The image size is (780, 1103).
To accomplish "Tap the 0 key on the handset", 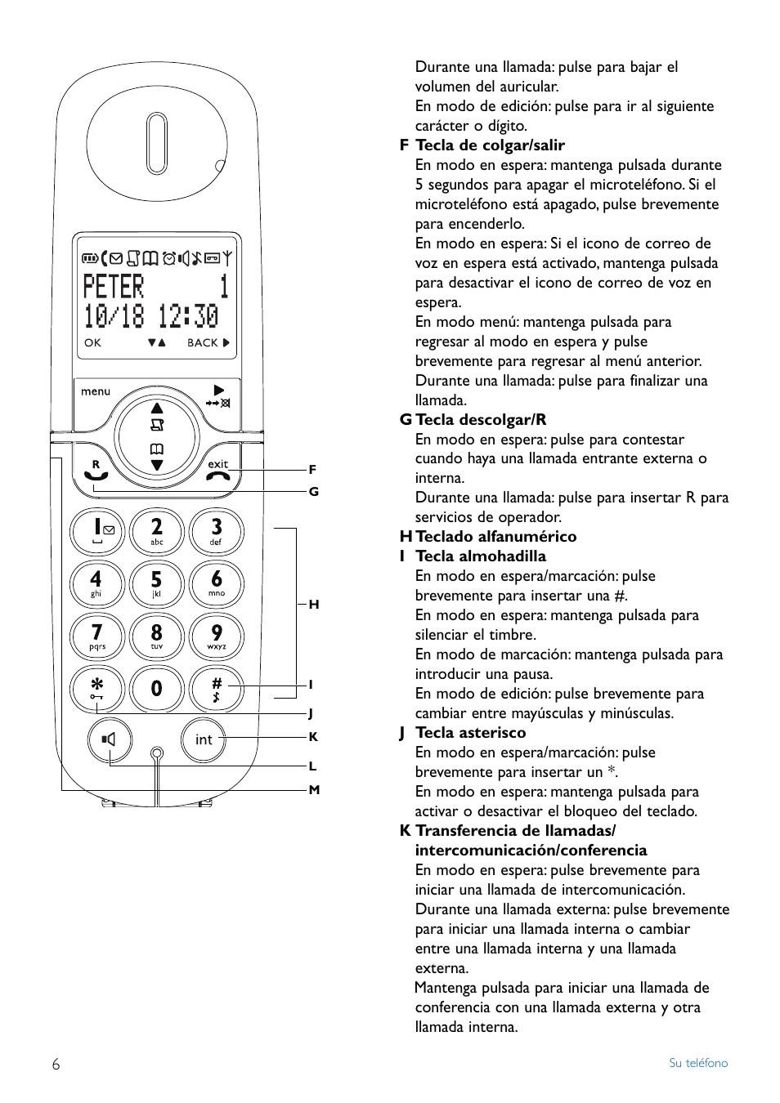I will click(x=156, y=689).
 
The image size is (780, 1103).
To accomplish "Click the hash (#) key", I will click(x=216, y=689).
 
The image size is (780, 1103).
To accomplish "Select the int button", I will click(x=203, y=739).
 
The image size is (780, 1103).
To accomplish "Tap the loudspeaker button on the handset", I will click(x=109, y=739).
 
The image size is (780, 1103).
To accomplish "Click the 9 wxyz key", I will click(x=216, y=636).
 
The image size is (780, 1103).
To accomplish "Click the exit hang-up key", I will click(x=218, y=471).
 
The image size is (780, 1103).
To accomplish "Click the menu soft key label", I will click(x=96, y=391).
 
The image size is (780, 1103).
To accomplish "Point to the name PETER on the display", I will click(x=114, y=287).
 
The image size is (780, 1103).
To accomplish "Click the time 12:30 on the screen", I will click(x=188, y=315).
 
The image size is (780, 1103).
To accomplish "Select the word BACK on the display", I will click(x=203, y=343).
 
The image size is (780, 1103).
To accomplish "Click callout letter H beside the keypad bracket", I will click(x=313, y=605).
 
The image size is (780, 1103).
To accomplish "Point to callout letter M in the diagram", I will click(x=314, y=790).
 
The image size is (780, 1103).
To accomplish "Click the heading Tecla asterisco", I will click(x=470, y=733).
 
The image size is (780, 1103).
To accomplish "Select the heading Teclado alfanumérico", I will click(x=495, y=537).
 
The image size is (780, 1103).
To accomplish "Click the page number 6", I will click(x=56, y=1064).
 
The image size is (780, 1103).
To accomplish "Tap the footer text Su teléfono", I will click(x=697, y=1063).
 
